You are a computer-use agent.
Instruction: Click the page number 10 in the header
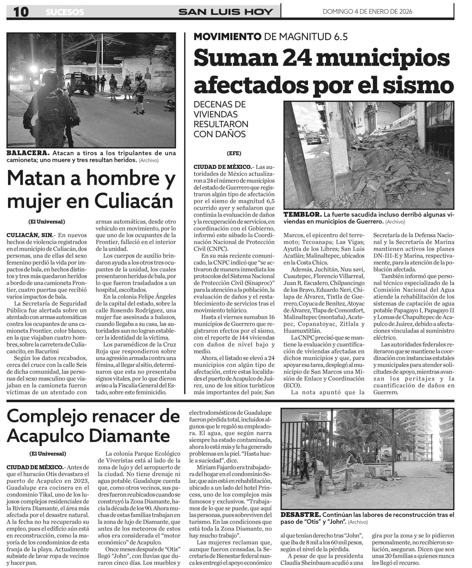coord(21,12)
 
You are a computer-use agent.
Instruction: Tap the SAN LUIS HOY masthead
coord(226,12)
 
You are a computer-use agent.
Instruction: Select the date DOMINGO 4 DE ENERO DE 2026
coord(367,11)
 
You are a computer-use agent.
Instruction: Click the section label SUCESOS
coord(65,12)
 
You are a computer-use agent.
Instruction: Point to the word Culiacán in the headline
coord(134,201)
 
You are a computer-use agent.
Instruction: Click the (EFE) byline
coord(234,153)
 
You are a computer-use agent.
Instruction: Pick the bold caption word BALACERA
coord(28,153)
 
